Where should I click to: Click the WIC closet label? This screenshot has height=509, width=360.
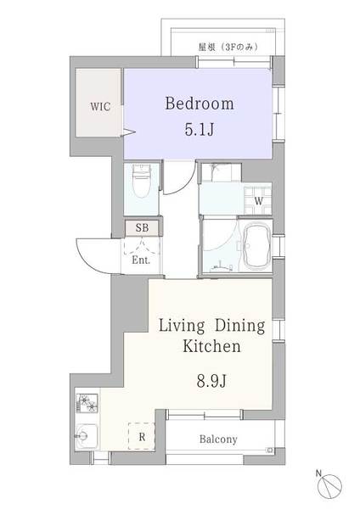100,107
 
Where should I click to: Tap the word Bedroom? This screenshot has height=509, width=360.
200,103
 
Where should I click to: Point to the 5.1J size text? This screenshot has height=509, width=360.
200,130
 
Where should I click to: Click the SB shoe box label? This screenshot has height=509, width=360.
142,228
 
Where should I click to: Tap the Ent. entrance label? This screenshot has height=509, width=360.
141,260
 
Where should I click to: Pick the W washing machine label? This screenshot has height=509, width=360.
259,201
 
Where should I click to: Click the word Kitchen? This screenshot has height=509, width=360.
211,346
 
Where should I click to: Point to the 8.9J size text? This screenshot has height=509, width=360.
211,380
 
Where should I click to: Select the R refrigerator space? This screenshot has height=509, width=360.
142,436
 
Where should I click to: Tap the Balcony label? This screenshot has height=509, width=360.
218,439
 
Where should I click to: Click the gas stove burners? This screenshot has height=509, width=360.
87,403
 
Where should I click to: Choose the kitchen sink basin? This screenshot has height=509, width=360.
85,436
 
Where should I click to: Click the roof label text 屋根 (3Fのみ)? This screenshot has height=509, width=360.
228,47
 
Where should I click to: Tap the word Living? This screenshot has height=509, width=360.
182,326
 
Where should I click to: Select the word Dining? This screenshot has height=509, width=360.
239,326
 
